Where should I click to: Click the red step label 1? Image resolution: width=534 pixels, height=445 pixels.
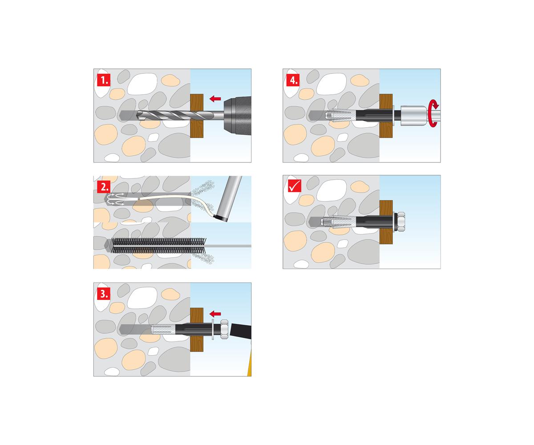(104, 80)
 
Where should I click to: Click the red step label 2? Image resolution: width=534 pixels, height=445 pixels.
(104, 186)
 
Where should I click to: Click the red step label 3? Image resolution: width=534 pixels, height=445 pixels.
(104, 294)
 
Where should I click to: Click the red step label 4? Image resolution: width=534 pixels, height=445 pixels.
(293, 80)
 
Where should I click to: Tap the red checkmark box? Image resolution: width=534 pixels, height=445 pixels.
(294, 186)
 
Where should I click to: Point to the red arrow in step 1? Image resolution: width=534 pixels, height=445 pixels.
(215, 99)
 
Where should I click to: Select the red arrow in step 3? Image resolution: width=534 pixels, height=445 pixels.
(215, 314)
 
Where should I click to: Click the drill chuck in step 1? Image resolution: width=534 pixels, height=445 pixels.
(237, 115)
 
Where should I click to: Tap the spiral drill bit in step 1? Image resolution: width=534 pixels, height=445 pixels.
(177, 115)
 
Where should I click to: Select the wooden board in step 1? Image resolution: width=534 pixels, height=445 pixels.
(197, 116)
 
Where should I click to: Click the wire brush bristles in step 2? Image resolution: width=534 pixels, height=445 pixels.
(158, 246)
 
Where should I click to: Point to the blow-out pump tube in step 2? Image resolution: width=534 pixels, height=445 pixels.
(230, 198)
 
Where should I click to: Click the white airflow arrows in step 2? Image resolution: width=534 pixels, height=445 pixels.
(116, 199)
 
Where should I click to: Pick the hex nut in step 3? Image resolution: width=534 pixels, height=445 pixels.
(224, 329)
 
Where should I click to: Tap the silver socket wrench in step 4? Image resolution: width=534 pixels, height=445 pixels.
(414, 116)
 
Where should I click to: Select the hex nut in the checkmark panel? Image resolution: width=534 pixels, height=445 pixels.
(400, 222)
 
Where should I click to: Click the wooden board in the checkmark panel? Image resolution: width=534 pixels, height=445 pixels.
(386, 222)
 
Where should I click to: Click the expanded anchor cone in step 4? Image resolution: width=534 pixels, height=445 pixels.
(341, 116)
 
